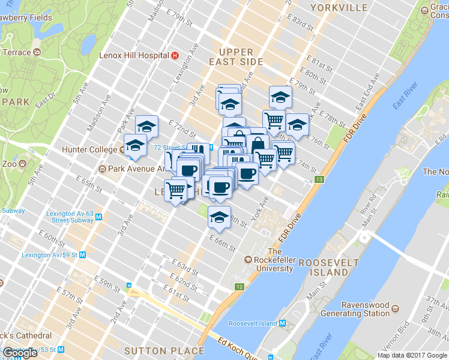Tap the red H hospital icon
click(x=175, y=55)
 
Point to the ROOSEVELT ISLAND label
click(x=324, y=268)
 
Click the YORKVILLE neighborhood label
click(x=339, y=8)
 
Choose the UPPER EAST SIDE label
click(x=236, y=57)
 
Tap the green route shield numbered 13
click(x=320, y=180)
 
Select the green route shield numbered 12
click(x=240, y=287)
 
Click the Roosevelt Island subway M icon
click(x=282, y=323)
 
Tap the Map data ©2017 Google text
click(x=412, y=355)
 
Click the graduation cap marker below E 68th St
click(x=220, y=217)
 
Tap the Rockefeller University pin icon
click(x=248, y=260)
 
